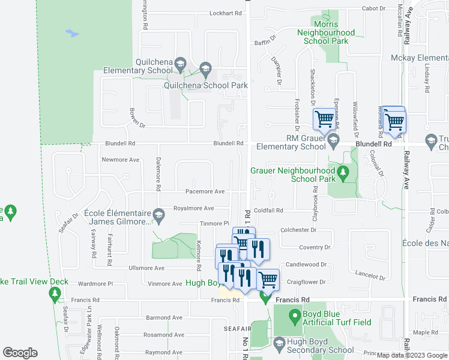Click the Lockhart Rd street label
(x=226, y=13)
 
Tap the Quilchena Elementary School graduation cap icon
(x=179, y=62)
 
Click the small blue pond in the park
(x=73, y=34)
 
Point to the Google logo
(x=20, y=353)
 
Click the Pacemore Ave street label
(x=205, y=192)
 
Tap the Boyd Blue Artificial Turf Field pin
(x=294, y=314)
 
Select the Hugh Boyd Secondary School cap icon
(x=279, y=343)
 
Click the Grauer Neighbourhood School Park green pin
(x=343, y=174)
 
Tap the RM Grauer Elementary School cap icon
(x=334, y=139)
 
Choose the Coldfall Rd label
(x=268, y=211)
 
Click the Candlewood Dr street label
(x=309, y=264)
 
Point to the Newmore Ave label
(x=120, y=160)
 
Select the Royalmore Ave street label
(x=193, y=208)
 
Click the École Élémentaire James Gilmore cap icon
(x=158, y=214)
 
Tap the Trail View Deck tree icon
(x=55, y=293)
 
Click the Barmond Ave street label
(x=163, y=317)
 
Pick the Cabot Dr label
(x=374, y=8)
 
